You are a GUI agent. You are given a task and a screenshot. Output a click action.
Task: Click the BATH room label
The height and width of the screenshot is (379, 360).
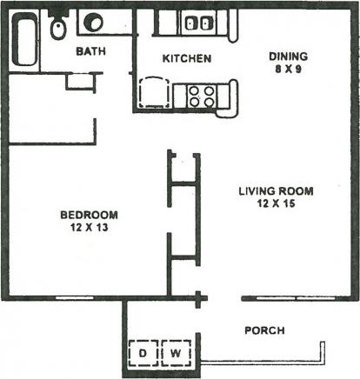[x=90, y=51]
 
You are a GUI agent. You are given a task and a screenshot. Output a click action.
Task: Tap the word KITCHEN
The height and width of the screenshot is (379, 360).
[x=187, y=59]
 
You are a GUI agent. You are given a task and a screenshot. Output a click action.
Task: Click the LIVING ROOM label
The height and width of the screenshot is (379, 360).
[x=276, y=191]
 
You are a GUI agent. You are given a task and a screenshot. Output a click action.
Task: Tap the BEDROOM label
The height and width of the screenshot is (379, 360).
[x=89, y=215]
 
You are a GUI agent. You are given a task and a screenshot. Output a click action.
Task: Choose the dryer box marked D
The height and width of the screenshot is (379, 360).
[x=144, y=354]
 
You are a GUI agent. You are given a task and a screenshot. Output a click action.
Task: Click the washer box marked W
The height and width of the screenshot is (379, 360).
[x=175, y=354]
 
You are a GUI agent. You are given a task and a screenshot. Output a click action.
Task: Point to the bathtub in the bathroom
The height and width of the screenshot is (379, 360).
[x=25, y=39]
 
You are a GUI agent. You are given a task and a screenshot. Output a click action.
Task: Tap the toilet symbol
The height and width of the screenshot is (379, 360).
[x=57, y=28]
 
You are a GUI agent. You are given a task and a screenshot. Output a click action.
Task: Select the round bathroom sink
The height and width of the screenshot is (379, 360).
[x=93, y=23]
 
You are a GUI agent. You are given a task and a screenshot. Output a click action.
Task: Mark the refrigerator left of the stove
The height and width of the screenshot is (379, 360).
[x=153, y=90]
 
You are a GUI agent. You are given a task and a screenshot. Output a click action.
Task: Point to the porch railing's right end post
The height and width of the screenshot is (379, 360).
[x=323, y=349]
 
